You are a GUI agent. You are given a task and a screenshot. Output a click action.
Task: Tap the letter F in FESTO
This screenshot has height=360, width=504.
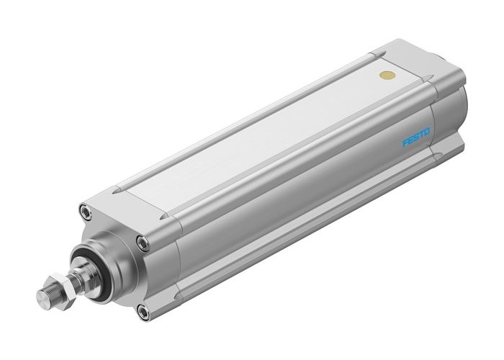405,143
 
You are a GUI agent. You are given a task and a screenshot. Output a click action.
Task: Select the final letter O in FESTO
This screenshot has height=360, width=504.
428,130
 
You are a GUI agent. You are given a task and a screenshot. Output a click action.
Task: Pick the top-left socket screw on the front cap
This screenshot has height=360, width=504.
86,212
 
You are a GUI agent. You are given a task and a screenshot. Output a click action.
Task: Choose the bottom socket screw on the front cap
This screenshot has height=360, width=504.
143,311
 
